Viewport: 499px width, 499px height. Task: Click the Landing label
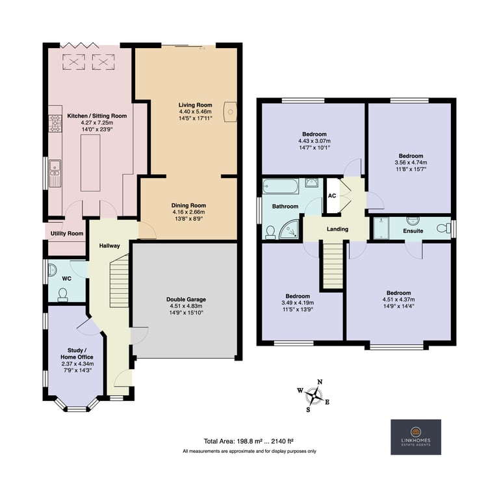pyautogui.click(x=337, y=229)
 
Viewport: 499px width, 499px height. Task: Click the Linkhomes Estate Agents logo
pyautogui.click(x=415, y=437)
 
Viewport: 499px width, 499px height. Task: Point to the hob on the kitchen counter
pyautogui.click(x=53, y=123)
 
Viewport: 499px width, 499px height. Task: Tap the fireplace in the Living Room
pyautogui.click(x=231, y=112)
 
